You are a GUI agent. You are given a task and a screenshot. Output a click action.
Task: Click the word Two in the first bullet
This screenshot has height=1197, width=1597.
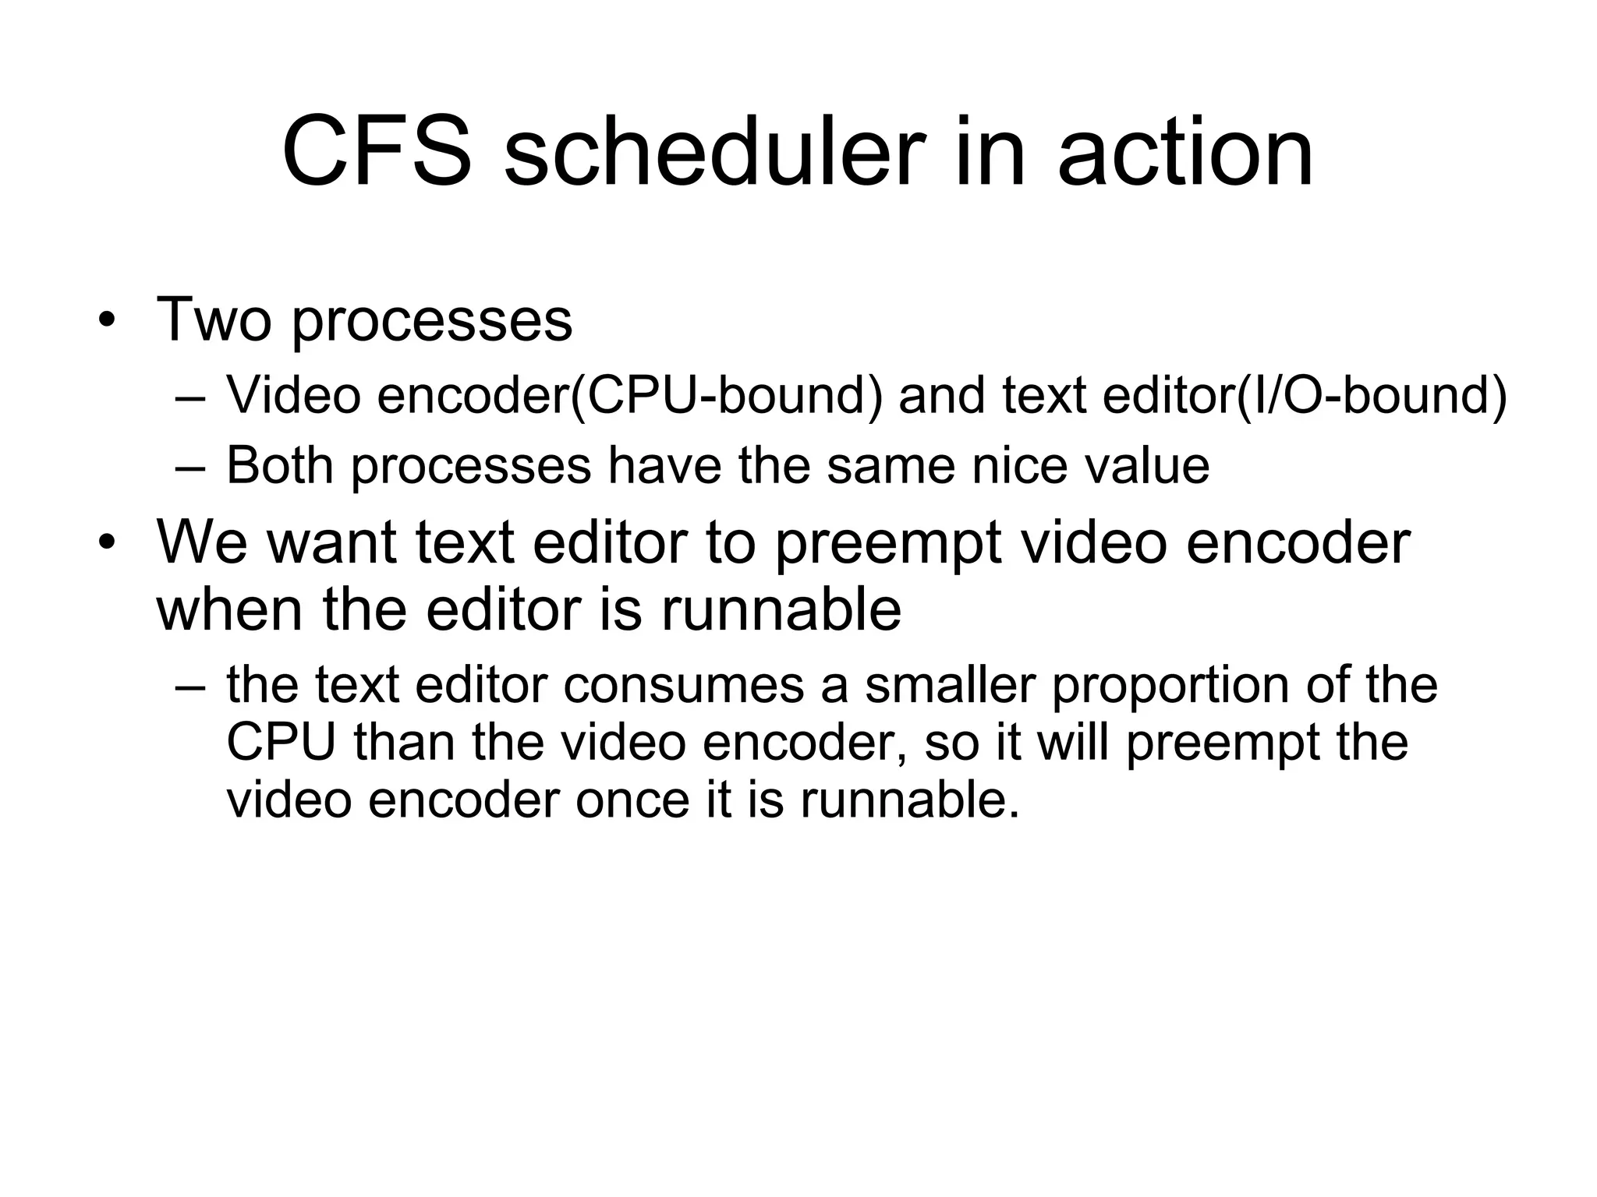coord(215,319)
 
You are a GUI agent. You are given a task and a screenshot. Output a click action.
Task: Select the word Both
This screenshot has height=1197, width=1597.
coord(280,465)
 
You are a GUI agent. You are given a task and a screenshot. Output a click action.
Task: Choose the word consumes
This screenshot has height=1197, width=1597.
coord(684,685)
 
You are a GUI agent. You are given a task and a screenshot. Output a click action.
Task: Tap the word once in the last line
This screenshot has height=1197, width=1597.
coord(632,800)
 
